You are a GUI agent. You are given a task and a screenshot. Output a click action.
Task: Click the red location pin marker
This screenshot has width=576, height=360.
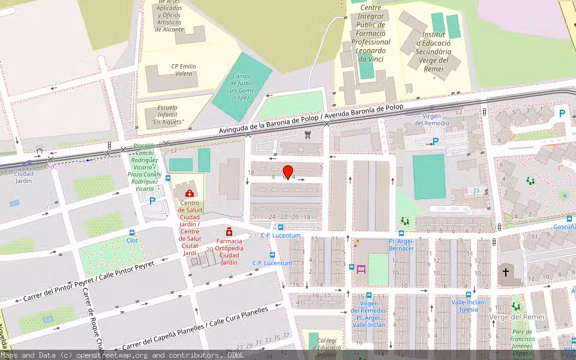point(287,172)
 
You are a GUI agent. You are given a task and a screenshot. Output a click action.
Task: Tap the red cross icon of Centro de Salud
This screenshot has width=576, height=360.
point(190,193)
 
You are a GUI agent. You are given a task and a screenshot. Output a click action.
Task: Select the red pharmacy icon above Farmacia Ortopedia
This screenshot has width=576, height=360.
point(229,232)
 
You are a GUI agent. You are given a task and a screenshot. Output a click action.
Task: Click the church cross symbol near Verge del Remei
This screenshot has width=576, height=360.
point(506,272)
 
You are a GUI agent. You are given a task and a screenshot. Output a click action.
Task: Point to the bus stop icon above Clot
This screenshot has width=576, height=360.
point(132,232)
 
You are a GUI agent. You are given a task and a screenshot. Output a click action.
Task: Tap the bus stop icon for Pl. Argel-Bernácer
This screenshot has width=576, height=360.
point(401,233)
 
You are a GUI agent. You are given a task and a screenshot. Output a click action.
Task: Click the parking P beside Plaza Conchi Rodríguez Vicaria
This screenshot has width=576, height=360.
point(152,202)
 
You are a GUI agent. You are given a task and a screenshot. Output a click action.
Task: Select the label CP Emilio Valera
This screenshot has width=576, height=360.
point(184,70)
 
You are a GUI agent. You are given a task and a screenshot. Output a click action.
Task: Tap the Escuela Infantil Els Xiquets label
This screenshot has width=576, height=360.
point(167,115)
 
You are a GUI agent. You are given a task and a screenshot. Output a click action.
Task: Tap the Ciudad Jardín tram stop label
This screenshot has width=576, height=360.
point(23,177)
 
